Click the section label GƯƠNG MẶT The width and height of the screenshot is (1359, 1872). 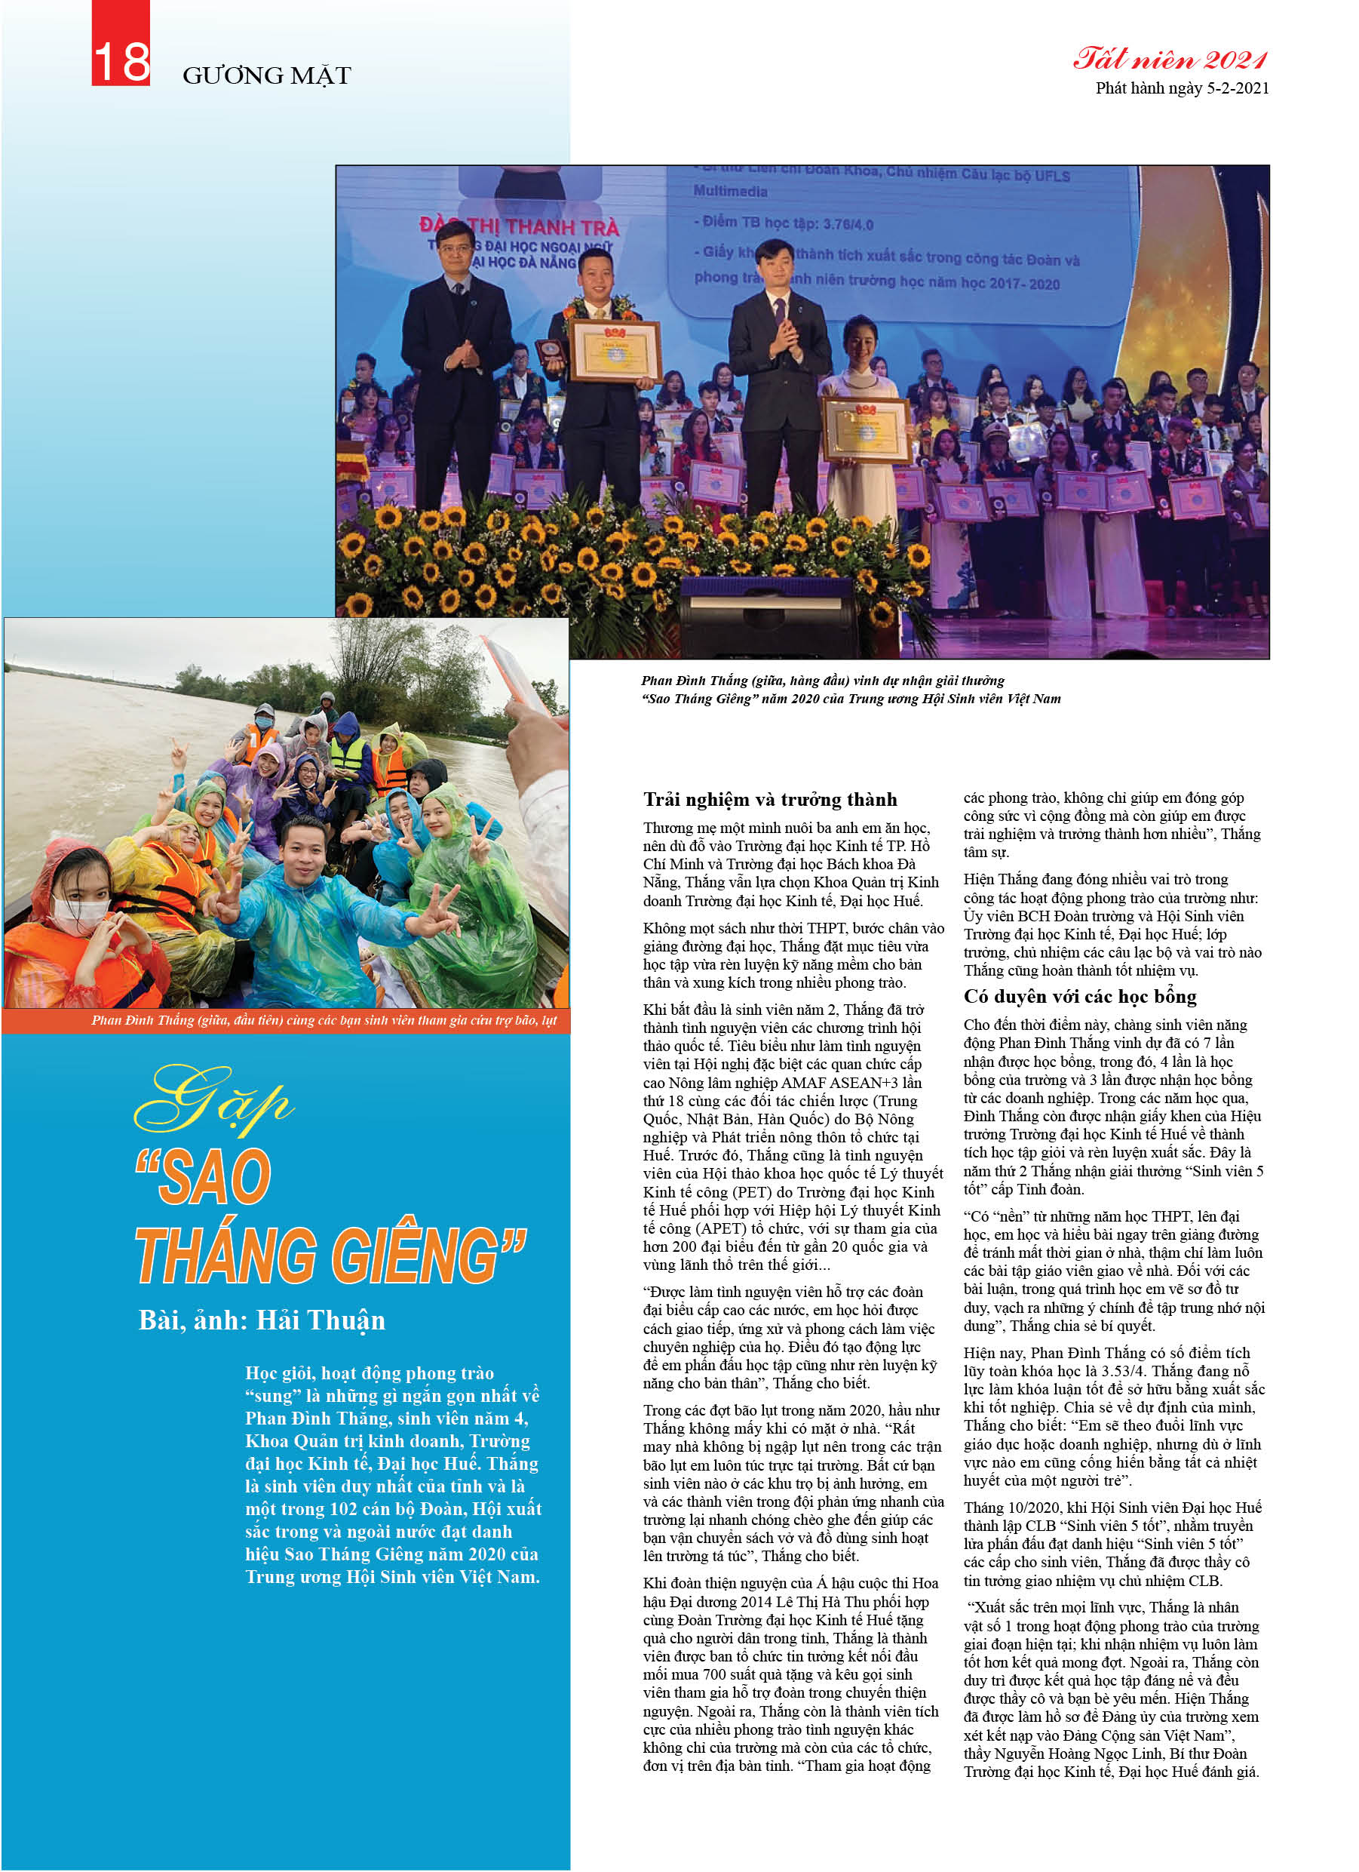click(x=266, y=76)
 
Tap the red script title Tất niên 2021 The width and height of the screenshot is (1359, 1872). click(x=1169, y=60)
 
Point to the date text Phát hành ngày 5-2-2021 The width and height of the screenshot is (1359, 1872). click(x=1182, y=88)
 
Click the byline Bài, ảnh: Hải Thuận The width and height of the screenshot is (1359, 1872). click(x=262, y=1320)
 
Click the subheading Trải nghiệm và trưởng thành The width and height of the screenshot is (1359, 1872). click(x=770, y=799)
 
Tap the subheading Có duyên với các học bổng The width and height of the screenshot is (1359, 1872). click(x=1079, y=996)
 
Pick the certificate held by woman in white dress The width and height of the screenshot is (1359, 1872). click(x=866, y=430)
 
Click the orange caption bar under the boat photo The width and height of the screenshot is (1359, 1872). click(x=286, y=1020)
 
